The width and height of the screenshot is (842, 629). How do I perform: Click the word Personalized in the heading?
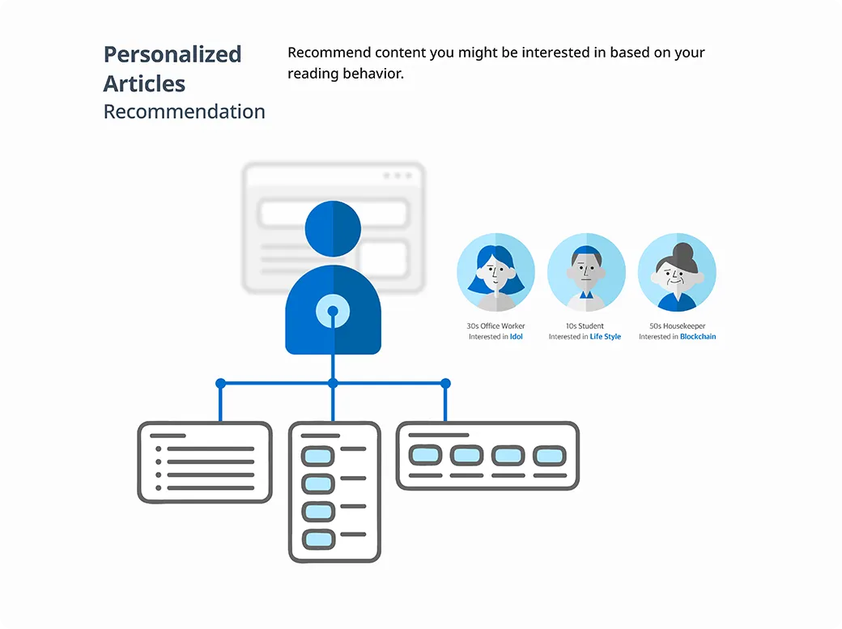[172, 54]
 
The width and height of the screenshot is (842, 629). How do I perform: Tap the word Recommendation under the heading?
[184, 112]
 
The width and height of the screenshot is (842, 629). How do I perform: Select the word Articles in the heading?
[144, 83]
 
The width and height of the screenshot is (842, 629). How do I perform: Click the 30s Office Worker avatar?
[495, 273]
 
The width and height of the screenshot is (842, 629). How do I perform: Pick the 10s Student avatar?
[586, 273]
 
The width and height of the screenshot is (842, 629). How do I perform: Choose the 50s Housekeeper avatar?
[677, 273]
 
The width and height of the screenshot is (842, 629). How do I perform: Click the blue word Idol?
[517, 337]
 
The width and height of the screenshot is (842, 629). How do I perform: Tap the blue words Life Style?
[605, 337]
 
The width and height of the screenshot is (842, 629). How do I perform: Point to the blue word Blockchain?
[698, 337]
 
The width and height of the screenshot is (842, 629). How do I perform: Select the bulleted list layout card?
[204, 462]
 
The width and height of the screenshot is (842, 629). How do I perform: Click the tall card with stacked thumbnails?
[334, 491]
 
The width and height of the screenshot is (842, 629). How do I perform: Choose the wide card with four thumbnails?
[487, 456]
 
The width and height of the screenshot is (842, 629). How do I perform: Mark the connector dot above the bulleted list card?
[220, 383]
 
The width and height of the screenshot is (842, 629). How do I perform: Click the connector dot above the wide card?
[445, 383]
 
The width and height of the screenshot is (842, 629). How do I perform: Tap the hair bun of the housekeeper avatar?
[684, 251]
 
